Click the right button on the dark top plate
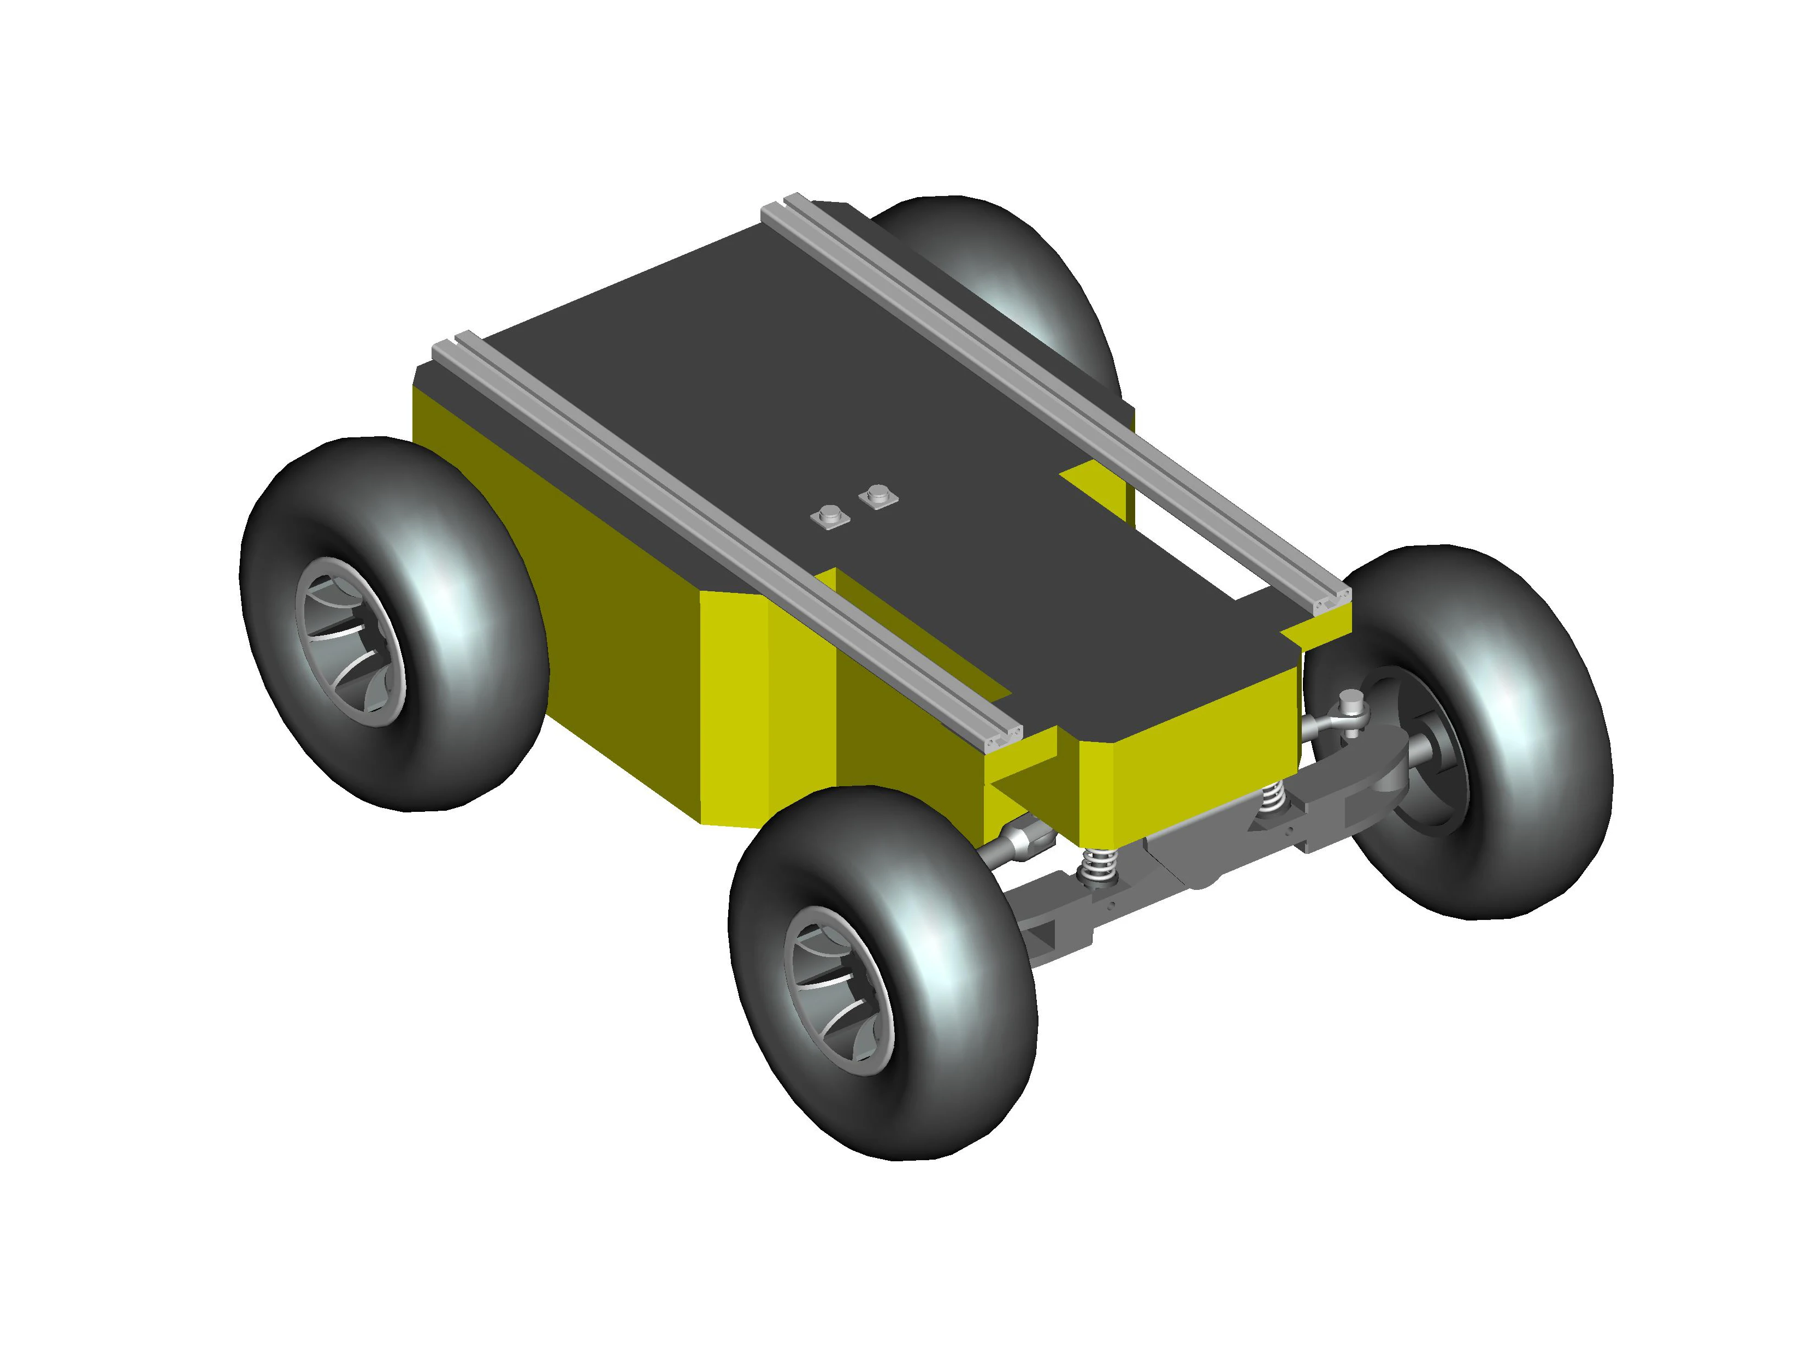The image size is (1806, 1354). click(x=878, y=494)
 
